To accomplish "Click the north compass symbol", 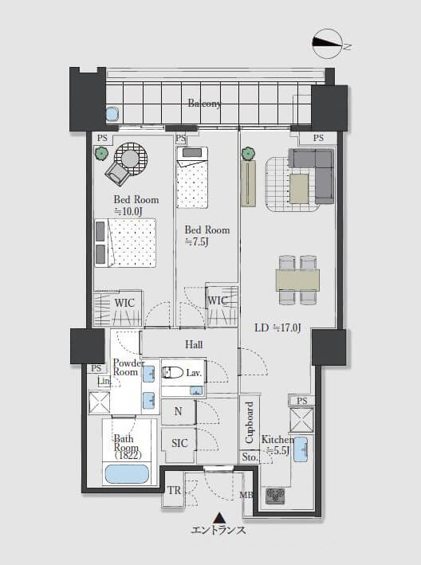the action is coord(327,43).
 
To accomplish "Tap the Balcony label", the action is coord(204,104).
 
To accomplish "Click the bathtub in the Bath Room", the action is coord(127,474).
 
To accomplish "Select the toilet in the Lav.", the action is coord(172,372).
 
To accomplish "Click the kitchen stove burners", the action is coord(275,496).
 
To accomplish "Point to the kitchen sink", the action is coord(301,449).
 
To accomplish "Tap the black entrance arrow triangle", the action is coord(218,518).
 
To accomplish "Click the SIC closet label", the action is coord(179,443).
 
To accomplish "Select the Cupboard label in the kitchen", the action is coord(249,422).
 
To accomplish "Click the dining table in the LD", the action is coord(297,280).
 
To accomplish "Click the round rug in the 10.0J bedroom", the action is coord(132,159).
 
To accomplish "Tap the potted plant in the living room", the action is coord(248,154).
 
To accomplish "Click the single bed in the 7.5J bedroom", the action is coord(192,177).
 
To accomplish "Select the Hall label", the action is coord(194,344).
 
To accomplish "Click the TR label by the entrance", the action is coord(174,490).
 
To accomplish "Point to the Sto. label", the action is coord(250,457).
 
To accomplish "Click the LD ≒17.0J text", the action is coord(277,328).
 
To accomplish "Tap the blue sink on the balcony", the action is coord(112,114).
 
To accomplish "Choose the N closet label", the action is coord(178,411).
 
